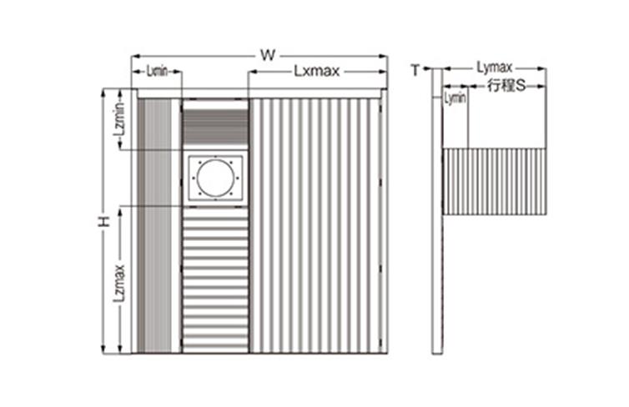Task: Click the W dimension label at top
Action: coord(268,55)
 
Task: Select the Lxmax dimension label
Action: coord(316,72)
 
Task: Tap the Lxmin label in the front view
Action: coord(157,72)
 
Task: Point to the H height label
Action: coord(104,221)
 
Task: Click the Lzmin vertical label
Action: coord(120,119)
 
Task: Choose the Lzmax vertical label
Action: coord(119,283)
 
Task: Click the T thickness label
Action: coord(415,70)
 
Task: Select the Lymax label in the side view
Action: coord(494,67)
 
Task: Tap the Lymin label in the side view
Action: coord(455,98)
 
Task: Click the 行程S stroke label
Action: coord(506,85)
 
